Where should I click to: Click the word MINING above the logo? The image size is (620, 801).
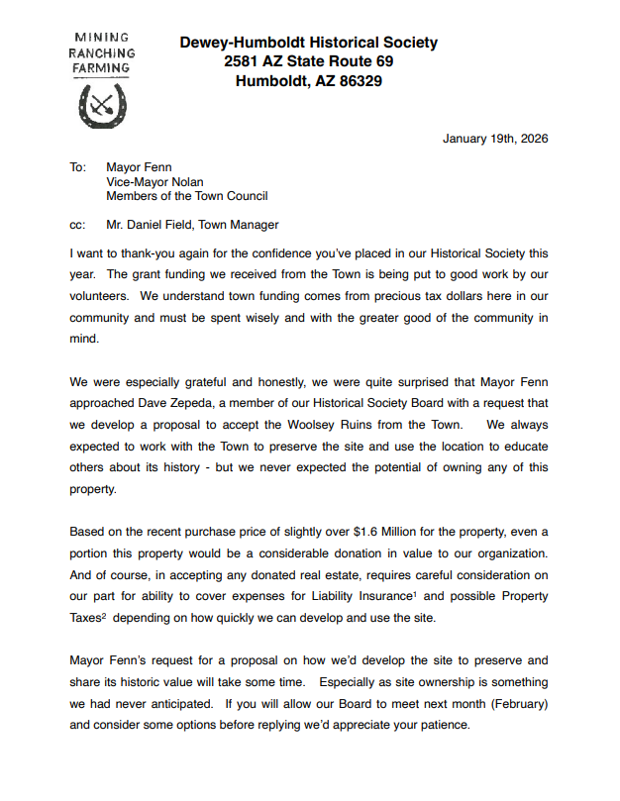click(x=101, y=38)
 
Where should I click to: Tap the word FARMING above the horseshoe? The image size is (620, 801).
click(x=101, y=68)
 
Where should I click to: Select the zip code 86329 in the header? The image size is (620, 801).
click(x=354, y=82)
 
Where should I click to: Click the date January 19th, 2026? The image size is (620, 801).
click(x=495, y=139)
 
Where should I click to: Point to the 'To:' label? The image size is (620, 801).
click(x=78, y=167)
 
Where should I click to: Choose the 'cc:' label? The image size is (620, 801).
click(x=78, y=225)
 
